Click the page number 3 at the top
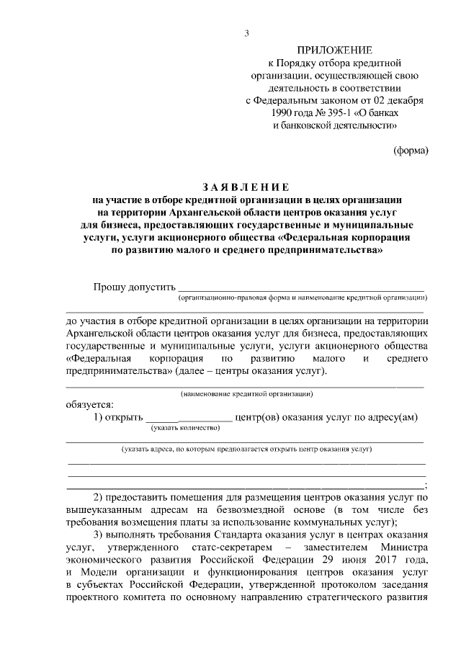click(x=247, y=33)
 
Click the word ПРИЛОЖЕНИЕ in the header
click(x=336, y=50)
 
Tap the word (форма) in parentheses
click(x=411, y=151)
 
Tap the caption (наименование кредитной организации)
click(x=246, y=394)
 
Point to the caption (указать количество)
click(x=184, y=428)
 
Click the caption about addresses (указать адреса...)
click(x=246, y=449)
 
